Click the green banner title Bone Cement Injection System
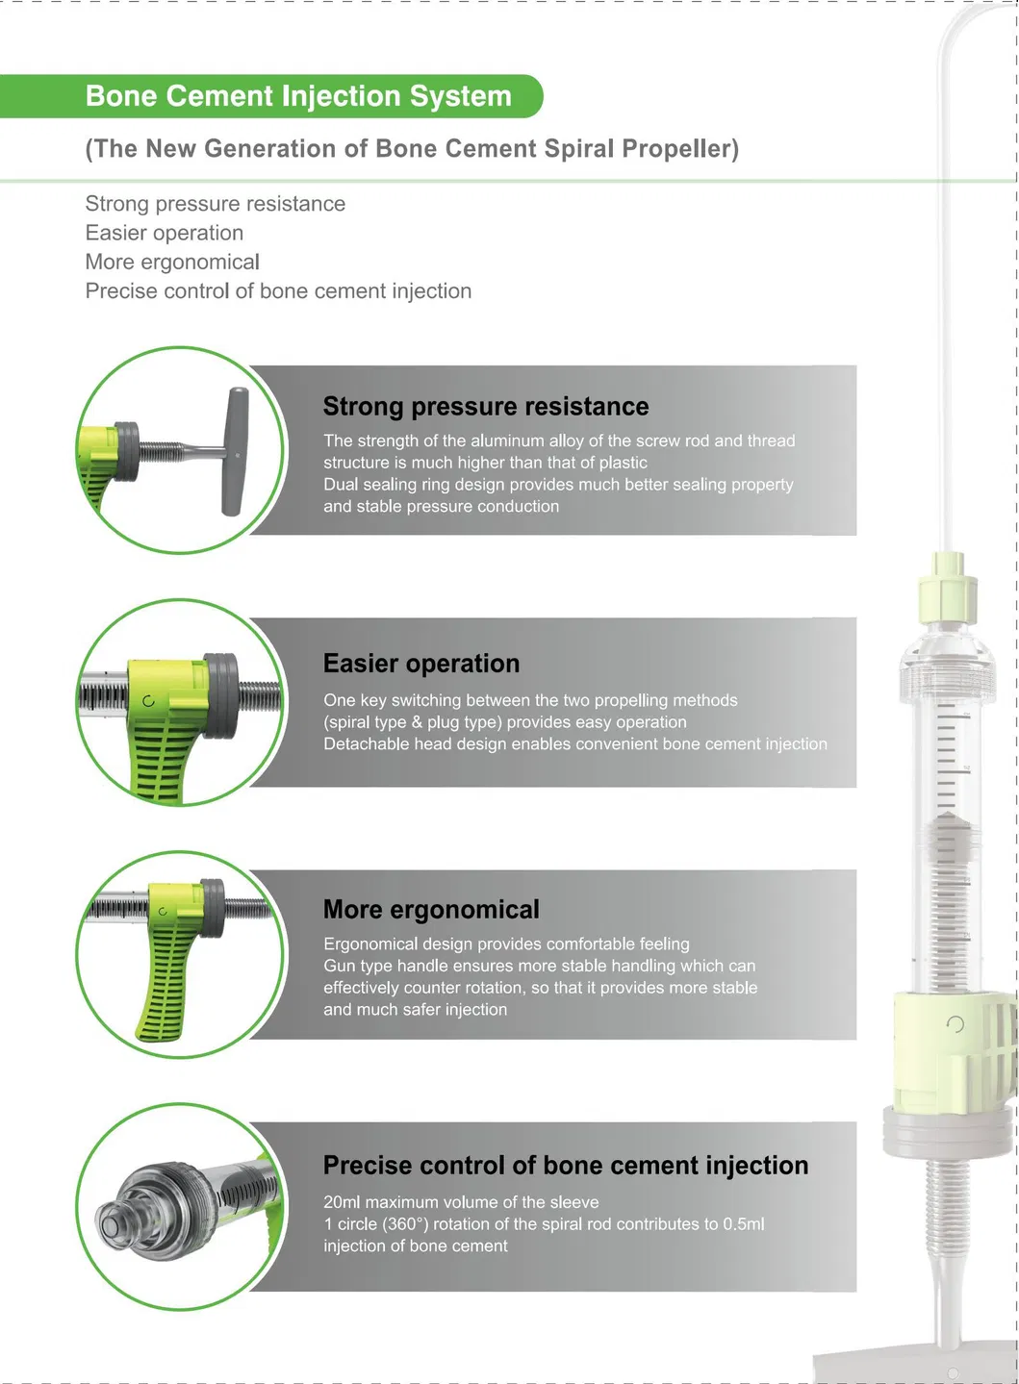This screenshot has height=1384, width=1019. pos(298,96)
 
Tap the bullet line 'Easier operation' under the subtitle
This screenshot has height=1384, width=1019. pos(165,233)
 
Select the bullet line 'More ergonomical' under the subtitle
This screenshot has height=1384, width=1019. pos(172,262)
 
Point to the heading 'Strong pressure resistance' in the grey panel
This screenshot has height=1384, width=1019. pos(486,407)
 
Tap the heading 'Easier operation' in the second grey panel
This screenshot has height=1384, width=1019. pos(421,664)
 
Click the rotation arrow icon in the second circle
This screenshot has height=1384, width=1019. pos(148,700)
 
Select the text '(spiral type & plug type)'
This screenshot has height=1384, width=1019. pos(413,721)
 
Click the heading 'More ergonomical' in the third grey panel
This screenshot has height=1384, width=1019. pos(432,910)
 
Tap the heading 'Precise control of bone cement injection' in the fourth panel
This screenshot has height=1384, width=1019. pos(566,1166)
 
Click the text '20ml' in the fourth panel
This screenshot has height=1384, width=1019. pos(342,1201)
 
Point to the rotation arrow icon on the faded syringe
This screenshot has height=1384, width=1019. pos(955,1024)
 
